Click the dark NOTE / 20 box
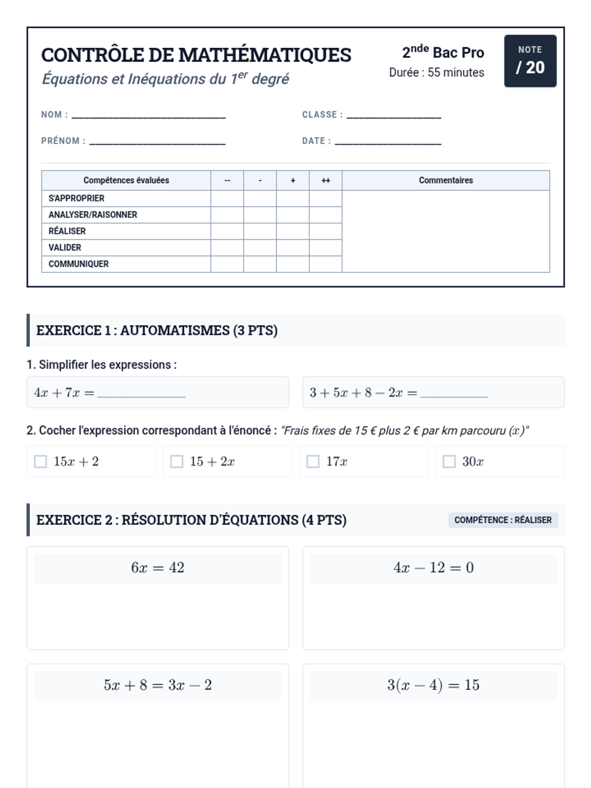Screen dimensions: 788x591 pyautogui.click(x=530, y=61)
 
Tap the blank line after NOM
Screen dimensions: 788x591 pyautogui.click(x=148, y=116)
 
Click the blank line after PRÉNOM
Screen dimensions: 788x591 pyautogui.click(x=157, y=142)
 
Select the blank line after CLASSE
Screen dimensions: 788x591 pyautogui.click(x=394, y=116)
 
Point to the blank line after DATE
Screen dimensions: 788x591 pyautogui.click(x=388, y=142)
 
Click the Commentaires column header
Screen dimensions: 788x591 pyautogui.click(x=446, y=180)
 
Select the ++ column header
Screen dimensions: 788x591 pyautogui.click(x=326, y=180)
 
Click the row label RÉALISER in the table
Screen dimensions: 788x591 pyautogui.click(x=67, y=231)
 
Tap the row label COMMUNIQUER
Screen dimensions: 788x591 pyautogui.click(x=78, y=264)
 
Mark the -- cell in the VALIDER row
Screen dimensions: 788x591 pyautogui.click(x=227, y=248)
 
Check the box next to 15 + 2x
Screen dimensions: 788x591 pyautogui.click(x=176, y=461)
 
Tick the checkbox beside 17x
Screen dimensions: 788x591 pyautogui.click(x=313, y=461)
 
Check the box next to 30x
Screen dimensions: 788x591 pyautogui.click(x=449, y=461)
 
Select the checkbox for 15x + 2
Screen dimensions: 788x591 pyautogui.click(x=40, y=461)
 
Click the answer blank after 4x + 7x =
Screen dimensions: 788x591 pyautogui.click(x=141, y=394)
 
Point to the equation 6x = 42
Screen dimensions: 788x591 pyautogui.click(x=158, y=568)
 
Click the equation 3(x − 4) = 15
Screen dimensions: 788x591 pyautogui.click(x=433, y=685)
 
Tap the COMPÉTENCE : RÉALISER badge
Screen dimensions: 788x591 pyautogui.click(x=503, y=520)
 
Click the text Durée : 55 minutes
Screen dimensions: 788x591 pyautogui.click(x=436, y=72)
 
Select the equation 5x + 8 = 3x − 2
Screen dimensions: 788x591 pyautogui.click(x=158, y=685)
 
